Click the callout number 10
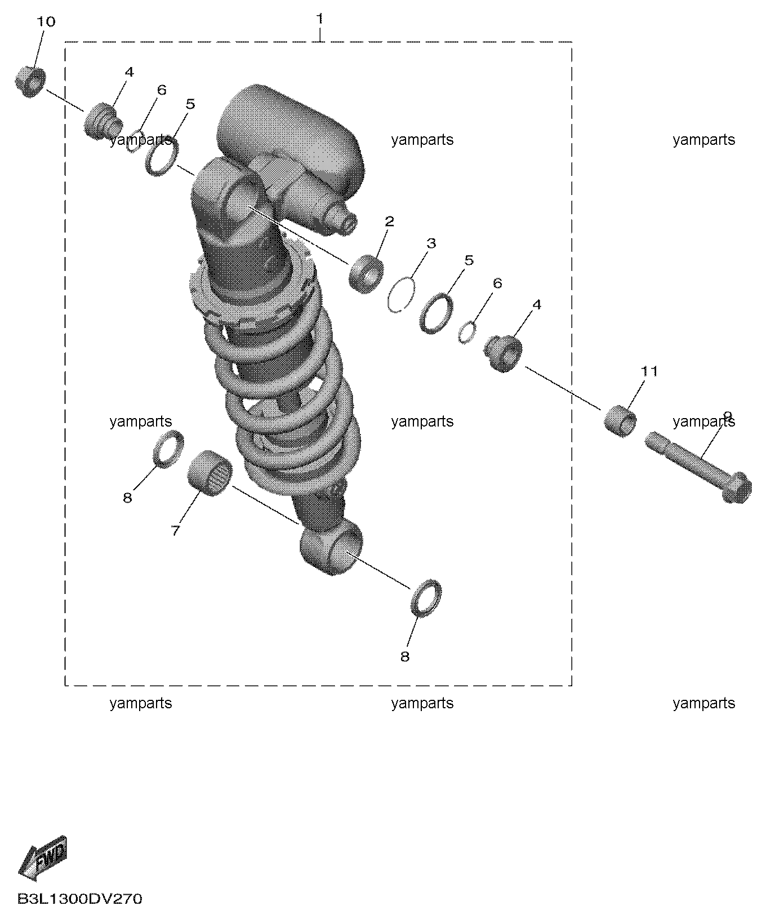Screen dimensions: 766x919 (x=46, y=22)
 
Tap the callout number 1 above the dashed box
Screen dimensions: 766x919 (x=320, y=19)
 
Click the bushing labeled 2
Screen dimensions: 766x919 (x=365, y=273)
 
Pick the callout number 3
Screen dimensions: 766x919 (x=431, y=243)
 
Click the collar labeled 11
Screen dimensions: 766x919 (x=620, y=420)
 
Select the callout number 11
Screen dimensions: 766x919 (x=649, y=371)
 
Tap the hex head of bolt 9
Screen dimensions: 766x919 (x=736, y=487)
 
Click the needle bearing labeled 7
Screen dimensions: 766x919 (x=210, y=474)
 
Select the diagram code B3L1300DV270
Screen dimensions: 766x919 (x=80, y=898)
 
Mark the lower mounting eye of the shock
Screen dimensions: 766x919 (x=331, y=547)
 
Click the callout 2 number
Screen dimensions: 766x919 (x=389, y=221)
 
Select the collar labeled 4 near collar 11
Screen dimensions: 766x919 (x=504, y=353)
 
